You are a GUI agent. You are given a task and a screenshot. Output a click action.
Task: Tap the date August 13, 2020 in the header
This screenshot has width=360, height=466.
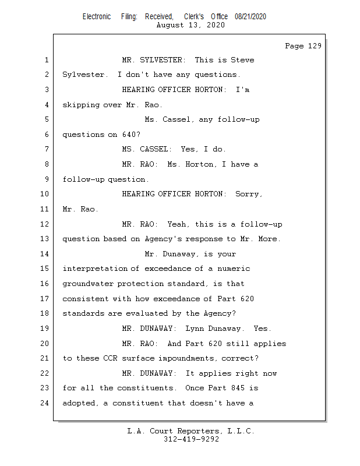(191, 25)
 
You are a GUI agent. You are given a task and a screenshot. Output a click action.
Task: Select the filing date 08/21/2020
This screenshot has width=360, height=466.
(250, 17)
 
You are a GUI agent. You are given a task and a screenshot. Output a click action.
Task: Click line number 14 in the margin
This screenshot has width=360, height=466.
(46, 254)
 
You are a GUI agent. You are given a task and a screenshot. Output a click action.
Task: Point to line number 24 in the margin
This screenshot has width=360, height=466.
(46, 403)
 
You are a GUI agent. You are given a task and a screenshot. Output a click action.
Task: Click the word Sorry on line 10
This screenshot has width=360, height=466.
(249, 195)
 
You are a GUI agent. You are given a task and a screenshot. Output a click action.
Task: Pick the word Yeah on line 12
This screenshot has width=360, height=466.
(177, 224)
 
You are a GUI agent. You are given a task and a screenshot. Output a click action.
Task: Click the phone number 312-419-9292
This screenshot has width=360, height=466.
(191, 439)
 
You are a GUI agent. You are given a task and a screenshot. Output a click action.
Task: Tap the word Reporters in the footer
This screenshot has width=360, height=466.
(195, 431)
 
